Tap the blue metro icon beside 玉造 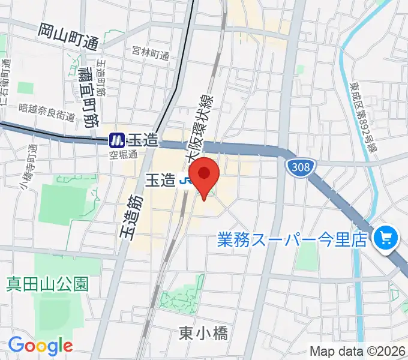point(116,141)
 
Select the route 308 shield point(299,166)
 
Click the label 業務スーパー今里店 point(292,240)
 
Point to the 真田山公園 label point(47,283)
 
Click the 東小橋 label point(203,333)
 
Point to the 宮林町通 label point(151,54)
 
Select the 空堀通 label point(123,154)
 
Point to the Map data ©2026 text point(357,351)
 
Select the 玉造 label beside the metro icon point(143,141)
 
